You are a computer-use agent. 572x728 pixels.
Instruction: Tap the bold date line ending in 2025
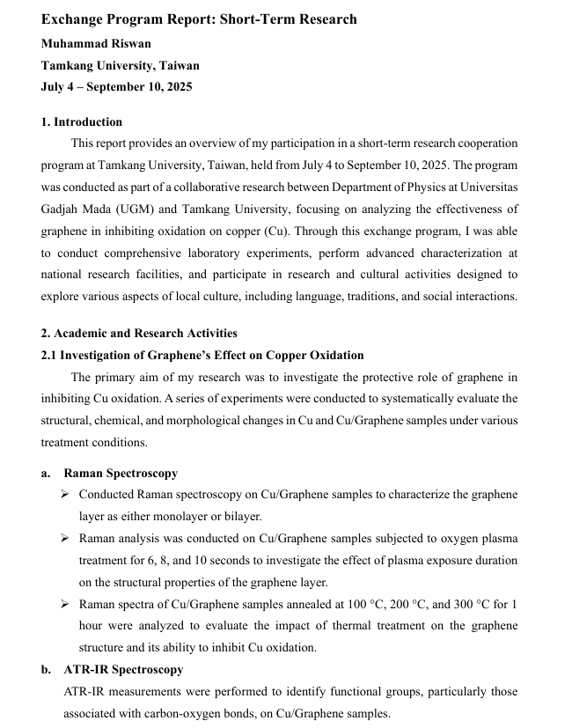click(x=116, y=86)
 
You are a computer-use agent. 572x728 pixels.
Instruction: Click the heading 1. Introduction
click(x=82, y=121)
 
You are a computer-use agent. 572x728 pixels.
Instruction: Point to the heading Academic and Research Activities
click(x=144, y=333)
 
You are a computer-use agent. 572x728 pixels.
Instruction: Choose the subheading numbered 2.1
click(x=202, y=355)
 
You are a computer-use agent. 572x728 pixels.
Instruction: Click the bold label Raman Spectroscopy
click(x=121, y=473)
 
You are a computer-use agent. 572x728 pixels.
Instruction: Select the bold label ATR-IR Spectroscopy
click(x=123, y=669)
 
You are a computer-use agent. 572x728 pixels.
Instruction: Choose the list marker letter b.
click(x=46, y=669)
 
